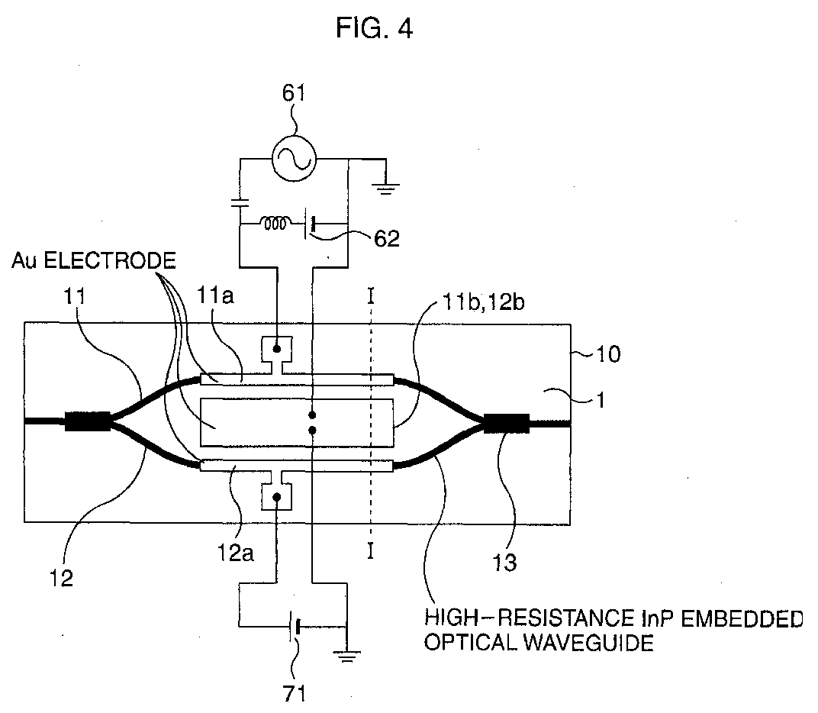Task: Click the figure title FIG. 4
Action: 374,27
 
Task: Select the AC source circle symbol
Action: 294,159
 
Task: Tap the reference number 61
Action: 294,93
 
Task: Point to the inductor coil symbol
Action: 275,224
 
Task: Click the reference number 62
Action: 387,238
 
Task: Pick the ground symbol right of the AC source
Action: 385,189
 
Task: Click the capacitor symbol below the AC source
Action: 240,204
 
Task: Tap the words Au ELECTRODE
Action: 94,260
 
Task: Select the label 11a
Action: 215,296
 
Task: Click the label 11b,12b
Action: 484,302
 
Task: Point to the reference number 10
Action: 607,354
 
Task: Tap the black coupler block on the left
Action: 87,421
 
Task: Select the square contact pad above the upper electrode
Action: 277,349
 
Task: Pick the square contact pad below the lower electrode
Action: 277,496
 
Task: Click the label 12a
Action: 235,553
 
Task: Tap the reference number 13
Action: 504,563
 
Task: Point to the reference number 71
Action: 294,694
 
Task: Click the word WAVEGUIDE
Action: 588,643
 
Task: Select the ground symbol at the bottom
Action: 347,657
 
